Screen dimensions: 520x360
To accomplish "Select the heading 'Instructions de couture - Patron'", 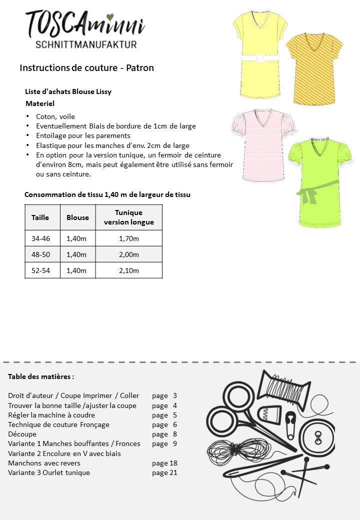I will click(x=86, y=67).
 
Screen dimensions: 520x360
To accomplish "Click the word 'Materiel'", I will click(x=39, y=103).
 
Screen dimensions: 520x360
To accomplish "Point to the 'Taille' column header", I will click(x=40, y=217).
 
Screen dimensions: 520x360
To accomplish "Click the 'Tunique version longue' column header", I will click(x=128, y=217).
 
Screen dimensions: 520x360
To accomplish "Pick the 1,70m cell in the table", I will click(x=128, y=238).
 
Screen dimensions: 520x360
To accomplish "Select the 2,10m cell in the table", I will click(x=128, y=270).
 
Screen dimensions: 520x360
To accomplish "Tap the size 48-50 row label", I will click(x=40, y=254).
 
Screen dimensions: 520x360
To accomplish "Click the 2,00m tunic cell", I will click(x=128, y=254).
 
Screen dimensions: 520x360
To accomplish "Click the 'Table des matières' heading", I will click(x=41, y=376).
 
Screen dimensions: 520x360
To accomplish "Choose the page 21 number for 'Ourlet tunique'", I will click(x=164, y=472).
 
